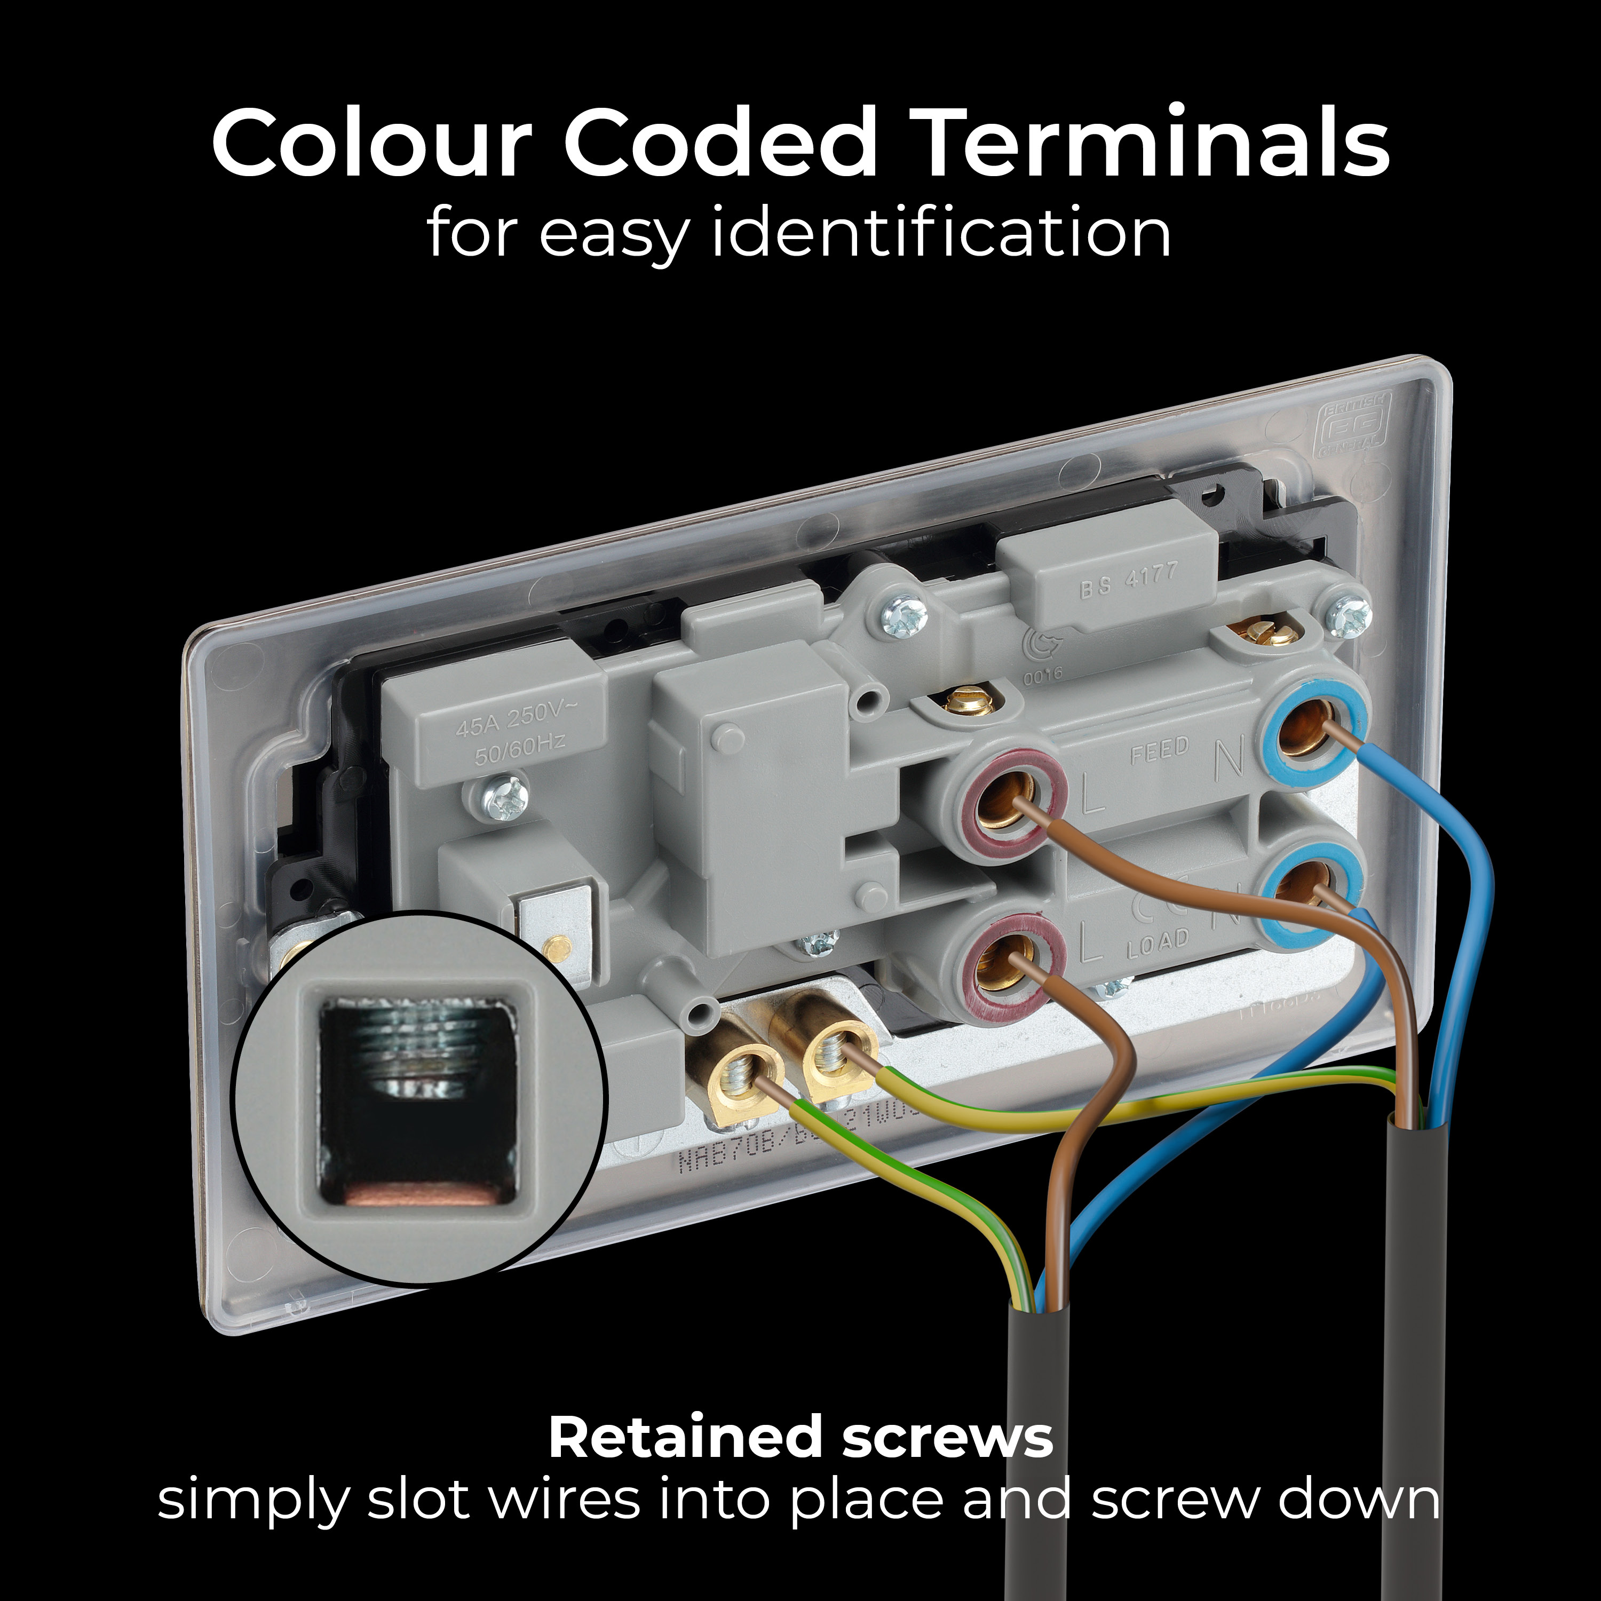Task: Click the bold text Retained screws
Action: click(799, 1438)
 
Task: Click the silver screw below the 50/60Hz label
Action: click(505, 799)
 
